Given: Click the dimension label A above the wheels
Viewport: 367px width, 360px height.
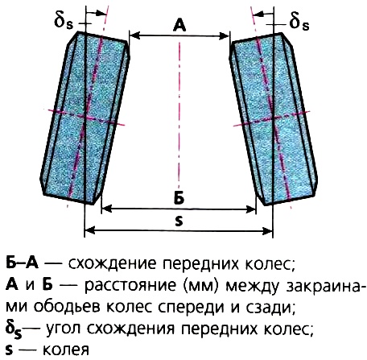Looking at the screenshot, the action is (x=179, y=26).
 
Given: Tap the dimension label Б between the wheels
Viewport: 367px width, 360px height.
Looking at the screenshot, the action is (x=179, y=198).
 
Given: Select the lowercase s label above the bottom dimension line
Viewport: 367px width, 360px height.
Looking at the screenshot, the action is (x=179, y=221).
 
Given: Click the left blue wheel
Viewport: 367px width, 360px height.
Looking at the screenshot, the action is (x=85, y=118).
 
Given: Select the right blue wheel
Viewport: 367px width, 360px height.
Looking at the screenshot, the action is (x=274, y=118).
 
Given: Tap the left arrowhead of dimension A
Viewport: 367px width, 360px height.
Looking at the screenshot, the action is (x=135, y=35).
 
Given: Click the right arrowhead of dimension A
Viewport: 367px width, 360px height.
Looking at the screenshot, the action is (x=225, y=35).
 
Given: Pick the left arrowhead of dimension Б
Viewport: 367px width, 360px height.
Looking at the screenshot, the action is (x=107, y=209).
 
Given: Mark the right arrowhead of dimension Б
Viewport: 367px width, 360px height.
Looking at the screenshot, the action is (x=251, y=209).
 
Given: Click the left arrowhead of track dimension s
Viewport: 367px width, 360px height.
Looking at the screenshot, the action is (x=90, y=230).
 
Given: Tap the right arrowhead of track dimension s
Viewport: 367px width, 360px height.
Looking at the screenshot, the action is (x=268, y=230).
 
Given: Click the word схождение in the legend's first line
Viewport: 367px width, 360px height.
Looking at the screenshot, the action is (x=112, y=264).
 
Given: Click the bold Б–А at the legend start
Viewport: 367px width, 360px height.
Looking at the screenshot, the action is (x=22, y=263).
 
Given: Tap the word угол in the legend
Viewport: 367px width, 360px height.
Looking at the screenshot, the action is (x=64, y=329).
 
